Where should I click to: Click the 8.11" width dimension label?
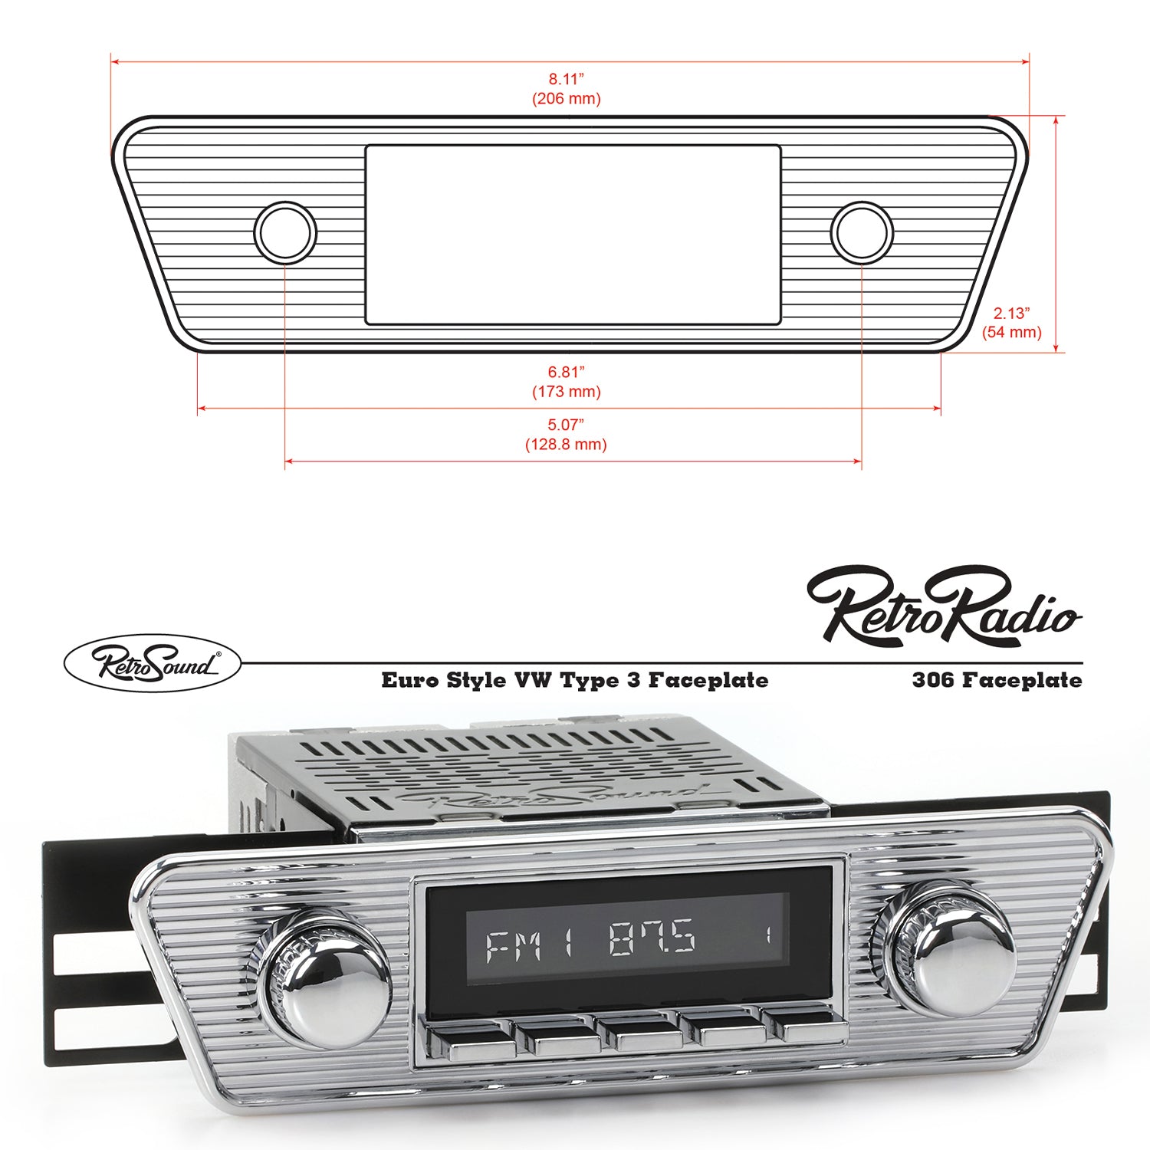566,79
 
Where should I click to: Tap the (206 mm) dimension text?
566,99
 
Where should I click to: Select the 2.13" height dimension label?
1011,313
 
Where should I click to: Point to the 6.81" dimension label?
566,372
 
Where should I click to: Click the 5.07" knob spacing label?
566,425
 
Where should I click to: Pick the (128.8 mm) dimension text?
566,445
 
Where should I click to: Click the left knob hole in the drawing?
285,232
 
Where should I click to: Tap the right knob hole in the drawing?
861,232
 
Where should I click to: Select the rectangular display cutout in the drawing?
573,235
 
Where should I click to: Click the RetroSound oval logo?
152,663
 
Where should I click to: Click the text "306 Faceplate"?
997,680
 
